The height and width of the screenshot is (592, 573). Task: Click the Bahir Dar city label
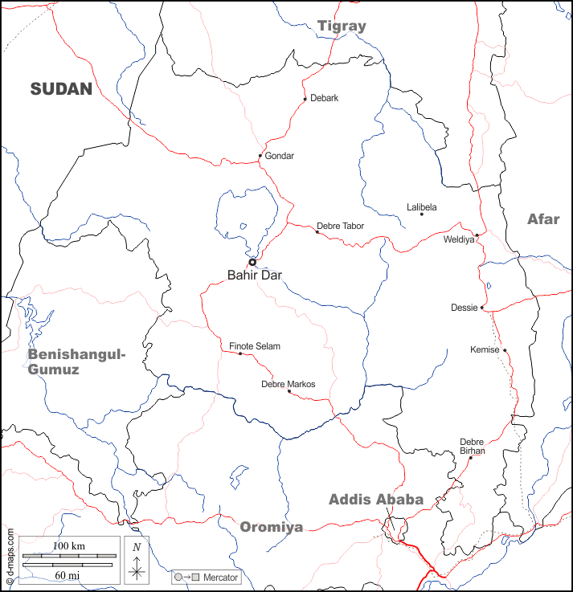coord(255,276)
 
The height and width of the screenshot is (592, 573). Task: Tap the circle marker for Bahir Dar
coord(252,262)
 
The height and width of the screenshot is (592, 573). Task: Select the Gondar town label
coord(280,156)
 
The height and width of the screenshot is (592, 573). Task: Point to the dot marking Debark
coord(305,99)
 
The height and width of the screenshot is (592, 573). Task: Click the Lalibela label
coord(422,207)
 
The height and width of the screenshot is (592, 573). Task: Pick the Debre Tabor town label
coord(340,226)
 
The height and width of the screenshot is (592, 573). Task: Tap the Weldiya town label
coord(459,239)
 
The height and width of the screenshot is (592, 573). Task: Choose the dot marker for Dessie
coord(482,308)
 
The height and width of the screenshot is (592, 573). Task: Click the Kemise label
coord(485,349)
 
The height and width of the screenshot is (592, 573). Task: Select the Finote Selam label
coord(255,346)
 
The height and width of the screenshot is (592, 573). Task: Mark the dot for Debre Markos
coord(289,391)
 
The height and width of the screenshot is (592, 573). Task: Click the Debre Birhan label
coord(472,446)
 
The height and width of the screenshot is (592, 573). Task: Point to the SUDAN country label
coord(62,89)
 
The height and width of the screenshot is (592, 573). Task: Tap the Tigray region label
coord(342,26)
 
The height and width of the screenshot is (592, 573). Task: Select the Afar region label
coord(543,219)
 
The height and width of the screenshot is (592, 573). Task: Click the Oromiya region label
coord(272,527)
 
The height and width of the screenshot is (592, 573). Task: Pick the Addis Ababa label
coord(376,500)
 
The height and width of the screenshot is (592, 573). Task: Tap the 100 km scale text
coord(69,546)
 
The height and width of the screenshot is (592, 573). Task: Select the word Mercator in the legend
coord(220,578)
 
